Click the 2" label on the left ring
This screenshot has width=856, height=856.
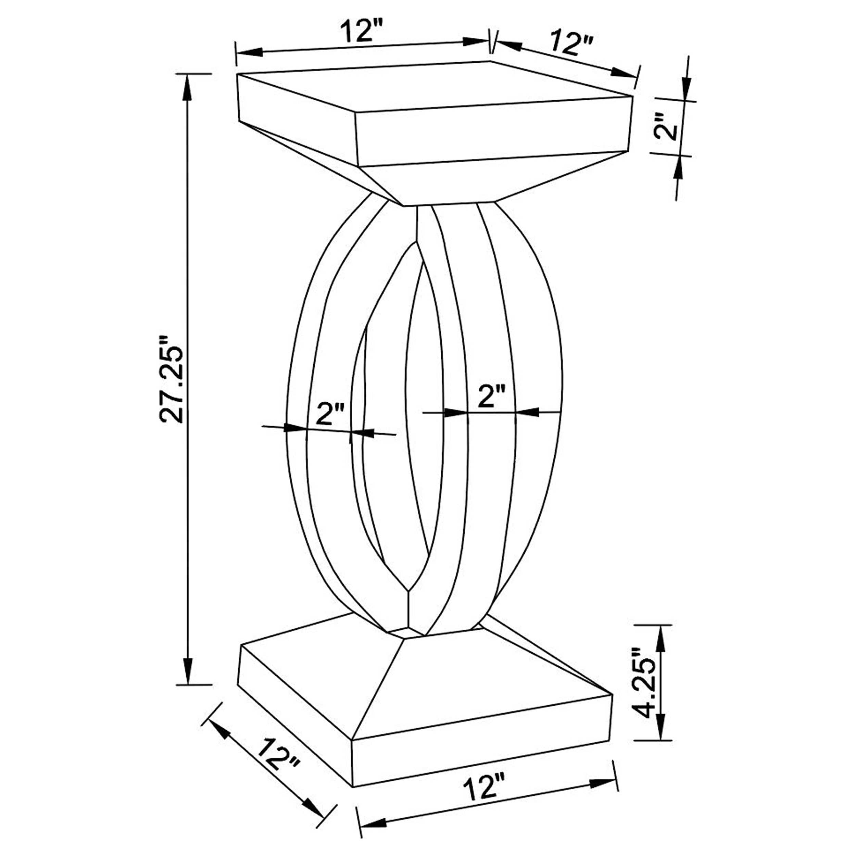coord(330,414)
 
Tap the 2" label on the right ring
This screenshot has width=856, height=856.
coord(491,396)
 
